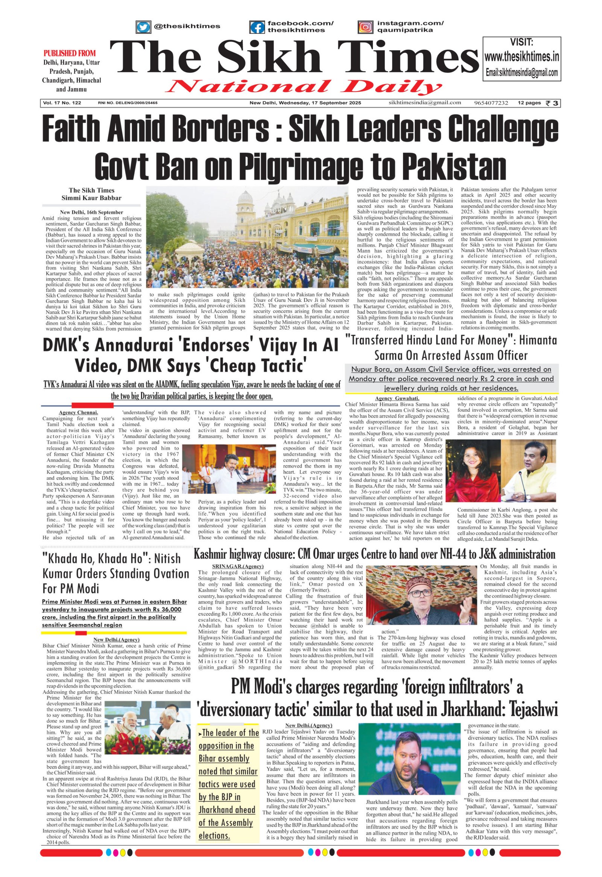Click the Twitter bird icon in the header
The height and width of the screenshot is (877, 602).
143,27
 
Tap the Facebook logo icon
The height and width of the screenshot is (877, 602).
257,27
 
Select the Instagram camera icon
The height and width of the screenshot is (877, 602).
365,27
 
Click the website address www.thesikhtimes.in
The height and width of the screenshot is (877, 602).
521,57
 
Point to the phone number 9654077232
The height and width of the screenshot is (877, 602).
491,103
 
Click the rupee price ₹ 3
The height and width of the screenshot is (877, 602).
553,103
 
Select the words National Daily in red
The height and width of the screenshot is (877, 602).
301,87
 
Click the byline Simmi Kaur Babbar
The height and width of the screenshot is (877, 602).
92,198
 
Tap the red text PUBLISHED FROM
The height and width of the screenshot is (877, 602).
70,53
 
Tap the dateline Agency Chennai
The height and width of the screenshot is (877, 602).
79,413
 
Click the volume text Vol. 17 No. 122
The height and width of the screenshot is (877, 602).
62,103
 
